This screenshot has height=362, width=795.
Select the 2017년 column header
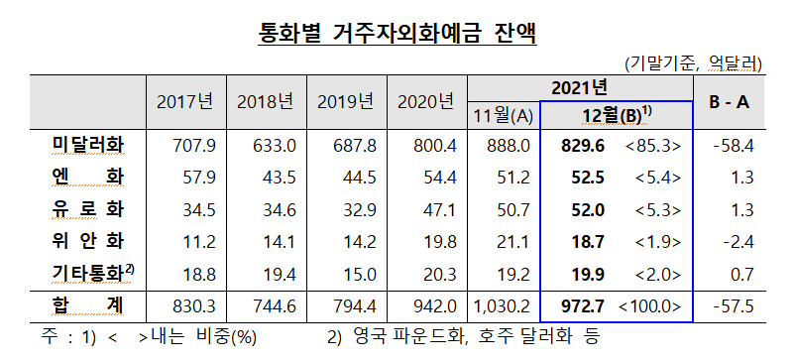[185, 102]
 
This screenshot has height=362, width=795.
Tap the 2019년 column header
[345, 102]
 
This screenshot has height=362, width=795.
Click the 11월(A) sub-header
[504, 115]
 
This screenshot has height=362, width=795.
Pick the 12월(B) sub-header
[616, 115]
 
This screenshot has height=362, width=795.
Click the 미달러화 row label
[87, 146]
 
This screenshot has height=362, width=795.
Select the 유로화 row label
[87, 209]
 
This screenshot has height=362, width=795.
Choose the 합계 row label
[87, 305]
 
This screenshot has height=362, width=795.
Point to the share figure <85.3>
[652, 147]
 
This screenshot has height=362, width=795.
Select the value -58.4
[735, 147]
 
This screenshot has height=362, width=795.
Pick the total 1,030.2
[505, 306]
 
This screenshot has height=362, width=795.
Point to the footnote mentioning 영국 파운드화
[463, 337]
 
